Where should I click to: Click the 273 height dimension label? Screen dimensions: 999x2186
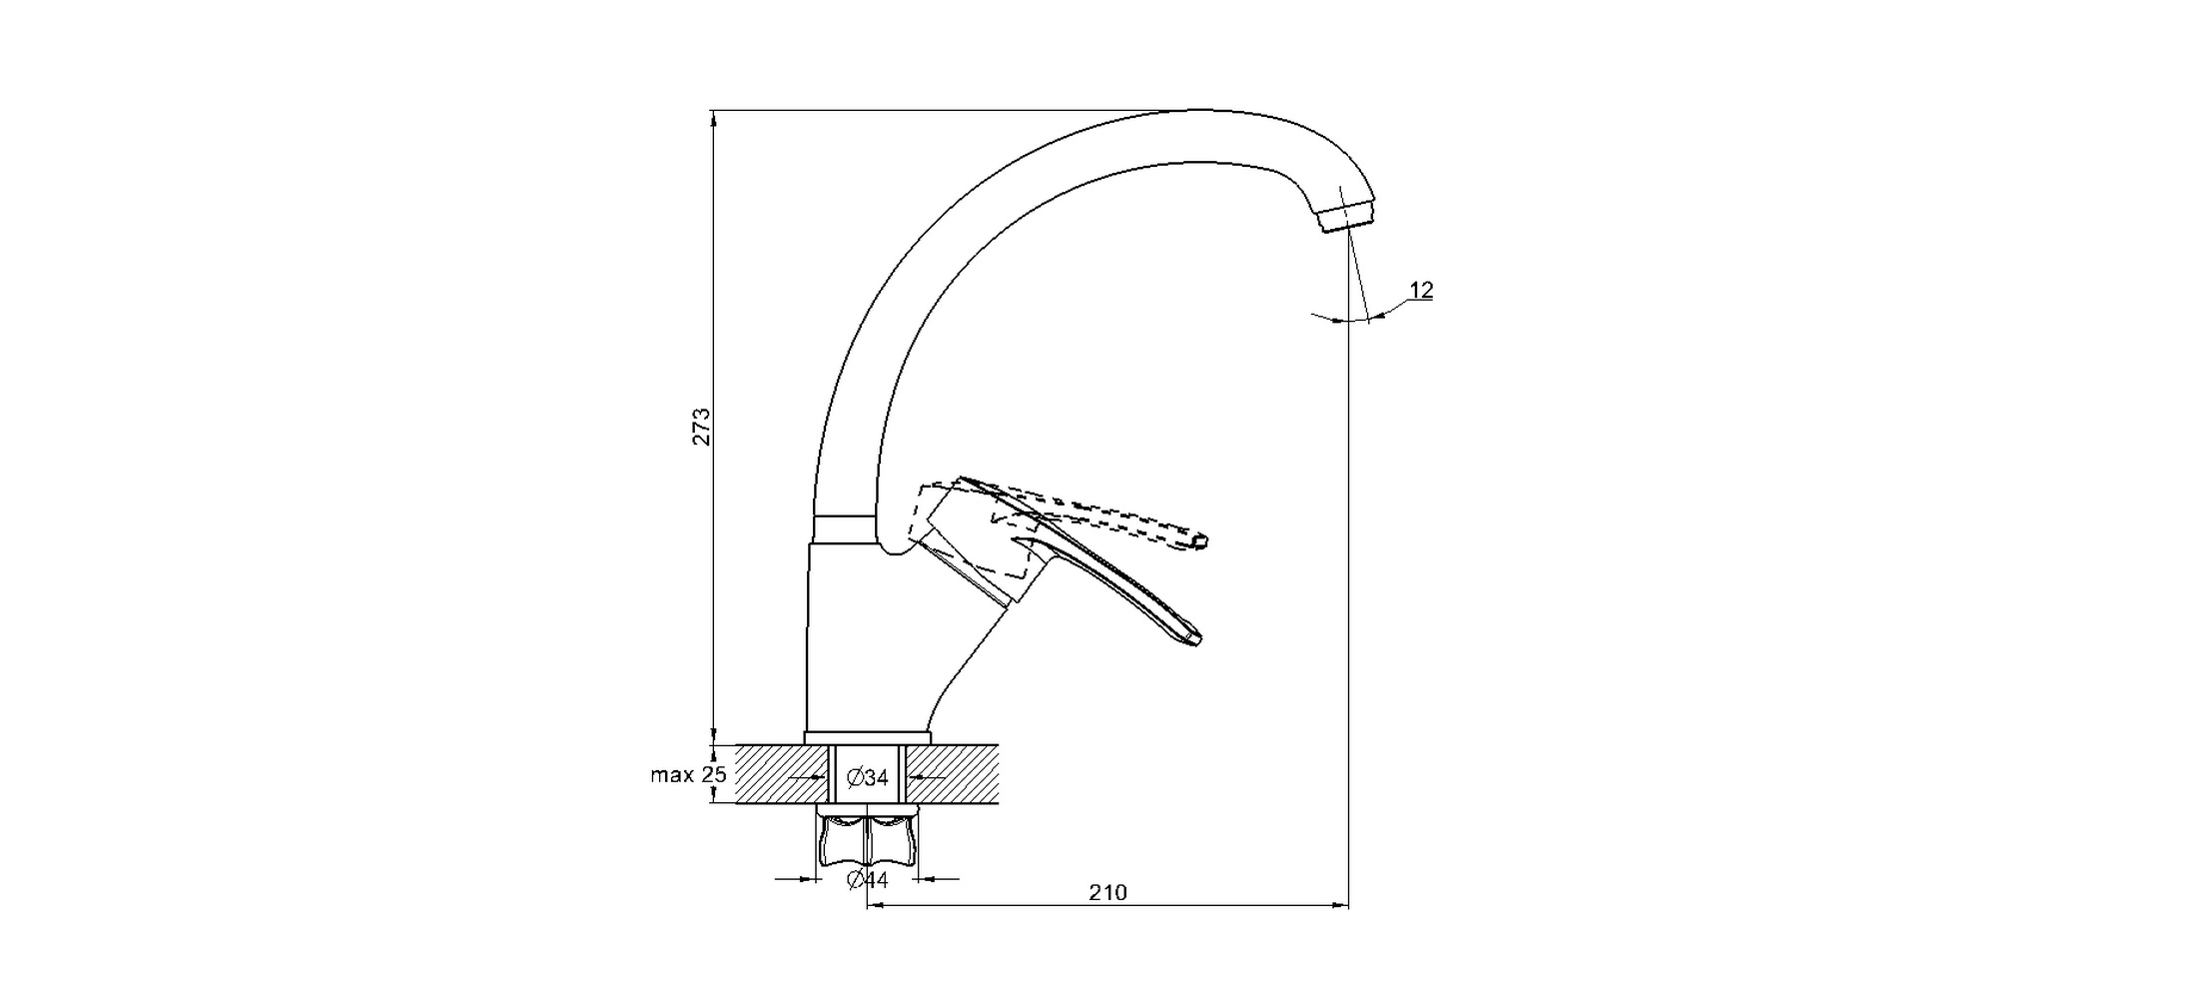tap(702, 426)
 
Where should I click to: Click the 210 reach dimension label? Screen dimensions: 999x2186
tap(1107, 892)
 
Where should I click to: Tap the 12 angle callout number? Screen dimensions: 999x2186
tap(1421, 291)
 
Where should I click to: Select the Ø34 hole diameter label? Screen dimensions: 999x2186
tap(867, 777)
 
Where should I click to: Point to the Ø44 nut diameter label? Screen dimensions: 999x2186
tap(867, 880)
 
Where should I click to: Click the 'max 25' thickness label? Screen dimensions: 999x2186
tap(688, 774)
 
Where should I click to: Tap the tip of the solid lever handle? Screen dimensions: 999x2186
tap(1194, 638)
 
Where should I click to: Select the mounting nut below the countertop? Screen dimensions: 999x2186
tap(867, 840)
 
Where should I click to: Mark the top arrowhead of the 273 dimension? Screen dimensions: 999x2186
tap(713, 117)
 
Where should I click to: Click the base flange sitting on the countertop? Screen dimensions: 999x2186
tap(867, 737)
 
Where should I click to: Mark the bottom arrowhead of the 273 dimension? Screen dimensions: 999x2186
tap(713, 736)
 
